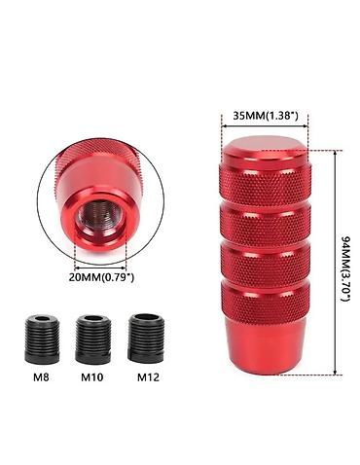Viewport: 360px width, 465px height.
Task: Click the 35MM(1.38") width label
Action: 265,116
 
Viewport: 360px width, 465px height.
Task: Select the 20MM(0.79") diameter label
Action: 101,277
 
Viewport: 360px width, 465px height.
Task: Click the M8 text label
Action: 42,377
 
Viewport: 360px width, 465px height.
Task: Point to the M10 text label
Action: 92,377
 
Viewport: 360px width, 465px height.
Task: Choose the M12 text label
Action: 148,377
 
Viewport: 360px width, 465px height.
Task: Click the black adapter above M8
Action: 42,339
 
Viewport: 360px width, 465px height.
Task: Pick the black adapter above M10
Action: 93,339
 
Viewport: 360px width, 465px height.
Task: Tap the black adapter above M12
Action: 146,338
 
